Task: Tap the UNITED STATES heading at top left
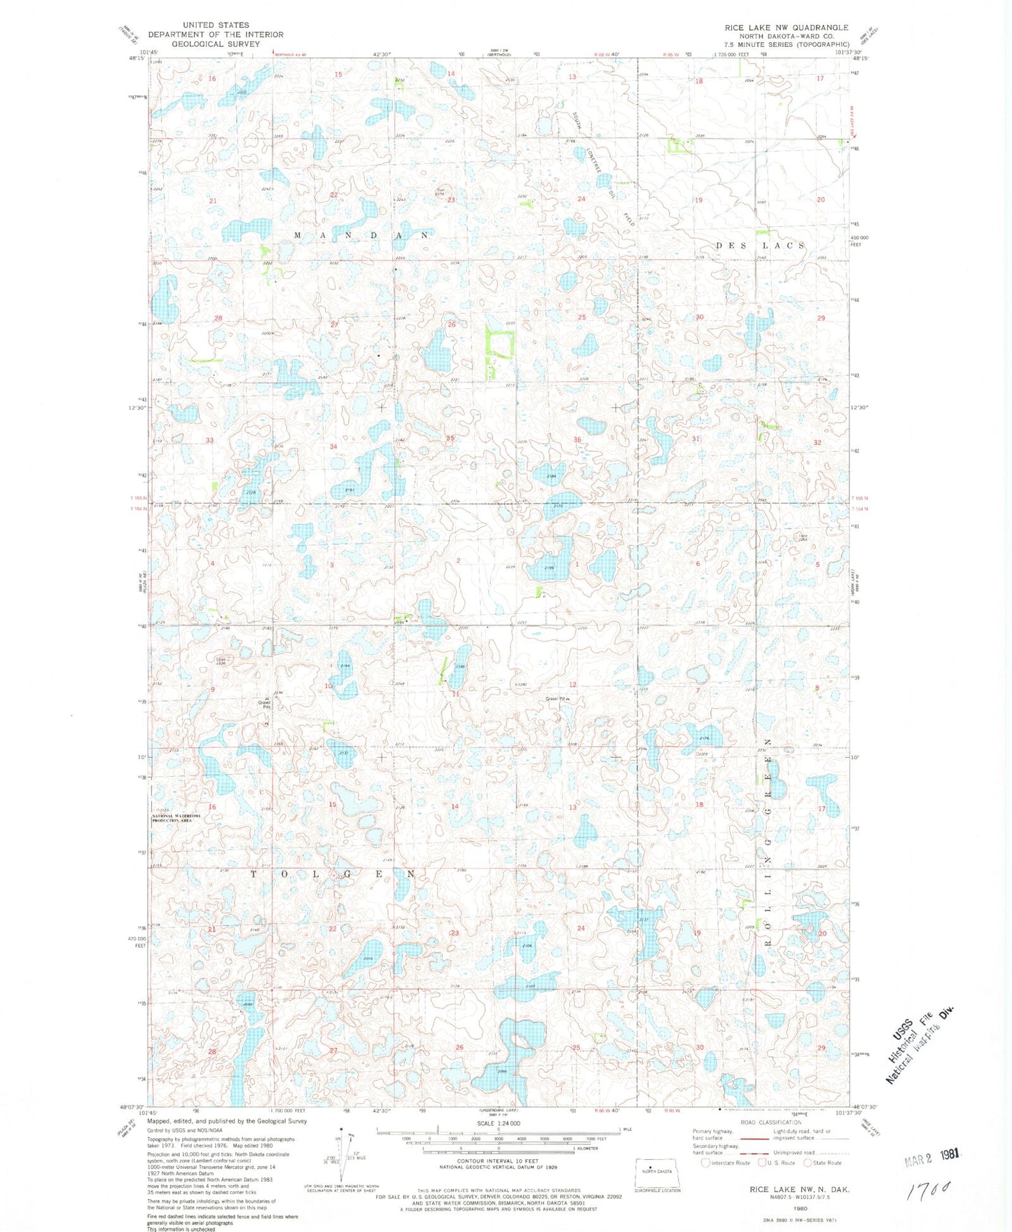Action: pyautogui.click(x=216, y=25)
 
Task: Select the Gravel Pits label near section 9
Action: pyautogui.click(x=264, y=705)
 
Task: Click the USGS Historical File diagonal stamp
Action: pyautogui.click(x=920, y=1043)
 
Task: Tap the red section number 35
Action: pyautogui.click(x=451, y=438)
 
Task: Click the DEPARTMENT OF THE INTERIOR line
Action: pyautogui.click(x=216, y=34)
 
